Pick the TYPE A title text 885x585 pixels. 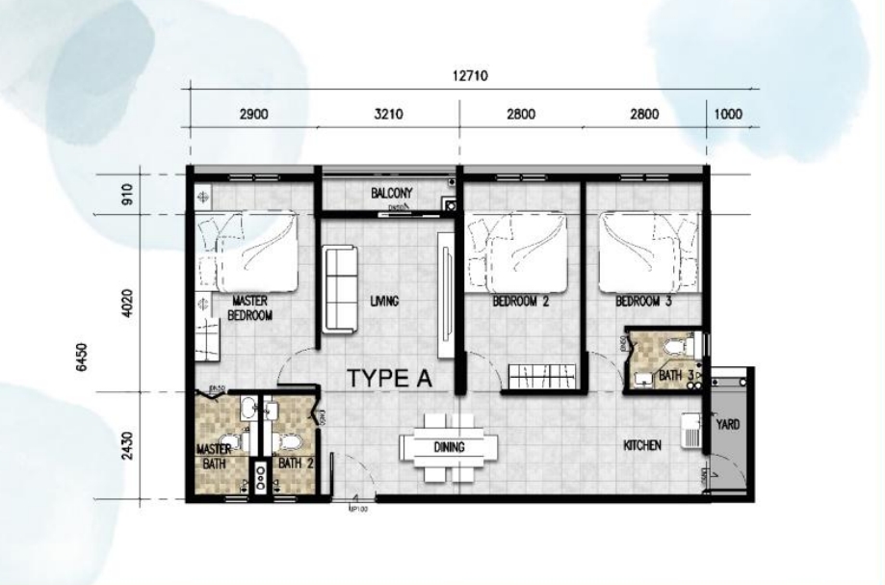[x=388, y=378]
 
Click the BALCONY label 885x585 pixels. [x=392, y=194]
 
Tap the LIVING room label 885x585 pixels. [x=383, y=302]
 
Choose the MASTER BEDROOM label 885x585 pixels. [x=250, y=308]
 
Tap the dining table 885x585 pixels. [x=450, y=446]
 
